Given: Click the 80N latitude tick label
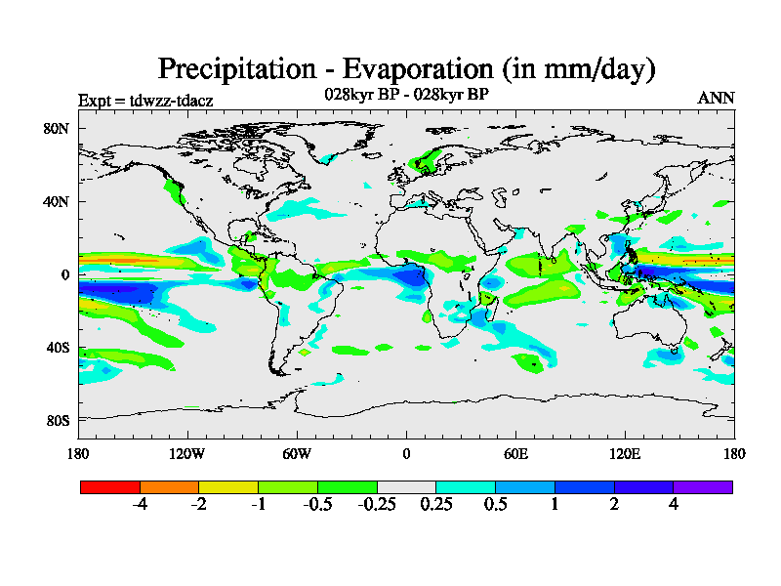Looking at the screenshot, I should click(55, 128).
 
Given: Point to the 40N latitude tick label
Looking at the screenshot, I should click(55, 201).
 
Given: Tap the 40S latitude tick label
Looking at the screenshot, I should click(55, 348).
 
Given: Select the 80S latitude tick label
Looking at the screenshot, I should click(55, 421).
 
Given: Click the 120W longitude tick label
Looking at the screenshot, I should click(187, 453).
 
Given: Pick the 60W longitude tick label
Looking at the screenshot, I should click(297, 453).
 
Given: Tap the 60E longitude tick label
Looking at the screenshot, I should click(515, 453).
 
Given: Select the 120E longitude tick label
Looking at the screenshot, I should click(625, 453).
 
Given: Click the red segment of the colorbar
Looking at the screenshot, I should click(110, 486).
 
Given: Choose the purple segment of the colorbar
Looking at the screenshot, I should click(703, 486).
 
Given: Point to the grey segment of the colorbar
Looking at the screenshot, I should click(406, 486).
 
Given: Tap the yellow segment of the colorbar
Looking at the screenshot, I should click(228, 486).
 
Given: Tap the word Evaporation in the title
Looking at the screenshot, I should click(425, 70).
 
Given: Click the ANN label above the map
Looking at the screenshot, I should click(716, 98).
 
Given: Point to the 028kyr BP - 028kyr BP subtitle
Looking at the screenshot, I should click(406, 95).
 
